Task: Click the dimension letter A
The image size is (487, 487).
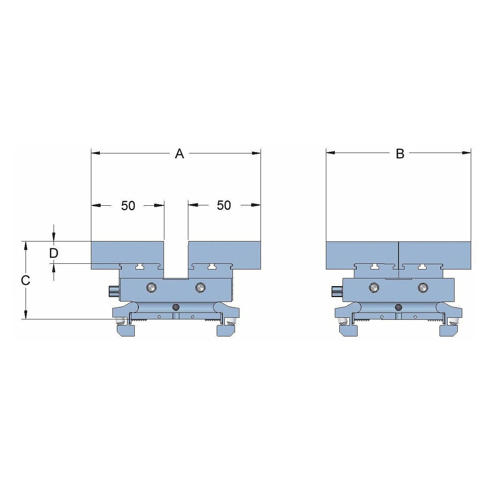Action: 179,154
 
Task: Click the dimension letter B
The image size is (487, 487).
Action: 400,154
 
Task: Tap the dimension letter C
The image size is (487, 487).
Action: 26,280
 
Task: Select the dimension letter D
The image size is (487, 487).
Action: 54,253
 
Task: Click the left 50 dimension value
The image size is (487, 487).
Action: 128,206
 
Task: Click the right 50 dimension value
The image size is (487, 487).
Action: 224,205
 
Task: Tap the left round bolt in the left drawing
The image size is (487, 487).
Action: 151,287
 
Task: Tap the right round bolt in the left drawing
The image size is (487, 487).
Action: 200,287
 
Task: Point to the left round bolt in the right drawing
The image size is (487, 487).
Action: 374,288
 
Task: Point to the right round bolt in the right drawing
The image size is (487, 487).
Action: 423,288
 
